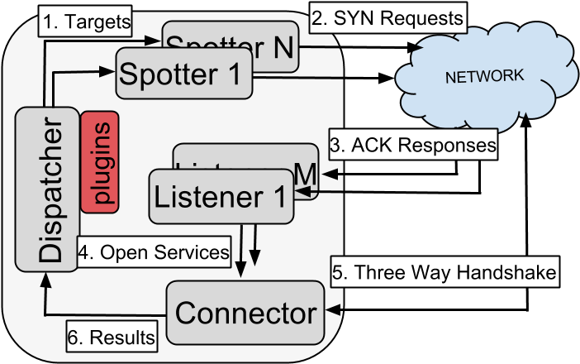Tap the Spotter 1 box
(x=183, y=74)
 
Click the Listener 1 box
(x=221, y=198)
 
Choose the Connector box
(x=245, y=313)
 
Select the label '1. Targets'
(x=86, y=22)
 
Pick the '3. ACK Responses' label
(x=412, y=144)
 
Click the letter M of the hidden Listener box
(x=305, y=174)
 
